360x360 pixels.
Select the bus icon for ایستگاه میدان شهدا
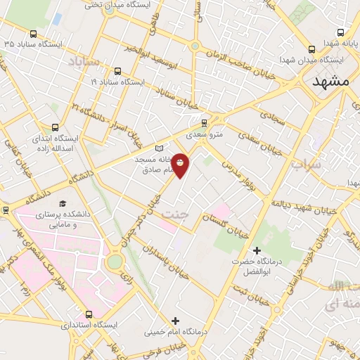click(311, 49)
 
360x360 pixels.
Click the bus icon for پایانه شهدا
click(341, 32)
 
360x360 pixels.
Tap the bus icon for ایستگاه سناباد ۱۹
click(117, 71)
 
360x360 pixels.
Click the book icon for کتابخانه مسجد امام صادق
click(159, 148)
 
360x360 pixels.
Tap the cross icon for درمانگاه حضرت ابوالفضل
click(257, 250)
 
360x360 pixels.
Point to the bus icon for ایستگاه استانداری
click(89, 314)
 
